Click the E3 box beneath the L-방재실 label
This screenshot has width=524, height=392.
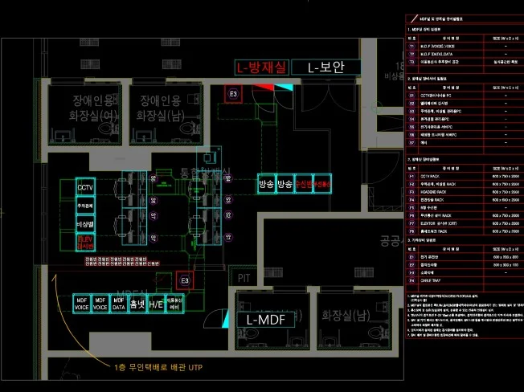[x=234, y=95]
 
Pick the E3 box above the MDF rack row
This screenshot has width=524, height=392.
[x=184, y=280]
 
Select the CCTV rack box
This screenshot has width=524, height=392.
[x=85, y=187]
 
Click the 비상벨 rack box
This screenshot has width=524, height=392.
[x=85, y=223]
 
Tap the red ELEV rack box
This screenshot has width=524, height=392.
[x=85, y=242]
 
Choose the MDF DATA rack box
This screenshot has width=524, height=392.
[x=118, y=304]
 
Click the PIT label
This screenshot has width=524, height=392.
[x=245, y=277]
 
